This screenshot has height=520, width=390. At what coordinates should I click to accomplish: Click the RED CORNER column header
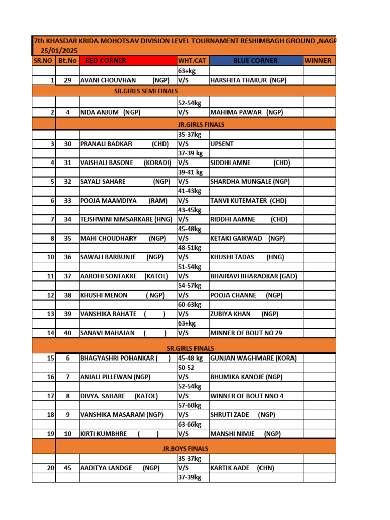[106, 61]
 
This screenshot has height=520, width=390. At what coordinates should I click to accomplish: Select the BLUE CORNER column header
[255, 61]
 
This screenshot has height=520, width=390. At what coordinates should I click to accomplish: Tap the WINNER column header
[317, 61]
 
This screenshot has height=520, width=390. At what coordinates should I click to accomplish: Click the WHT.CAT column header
[192, 61]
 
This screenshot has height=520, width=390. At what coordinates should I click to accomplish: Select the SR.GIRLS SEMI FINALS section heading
[146, 91]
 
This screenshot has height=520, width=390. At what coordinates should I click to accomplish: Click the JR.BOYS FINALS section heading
[181, 449]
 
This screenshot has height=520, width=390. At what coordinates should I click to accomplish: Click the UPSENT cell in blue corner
[222, 144]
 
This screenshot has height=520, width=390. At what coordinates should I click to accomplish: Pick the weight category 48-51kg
[190, 248]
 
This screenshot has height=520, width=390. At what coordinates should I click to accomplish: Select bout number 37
[67, 276]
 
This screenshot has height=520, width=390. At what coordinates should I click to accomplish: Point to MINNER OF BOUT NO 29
[246, 333]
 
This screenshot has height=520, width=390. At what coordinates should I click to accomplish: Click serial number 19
[50, 434]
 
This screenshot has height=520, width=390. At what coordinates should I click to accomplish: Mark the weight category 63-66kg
[190, 424]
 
